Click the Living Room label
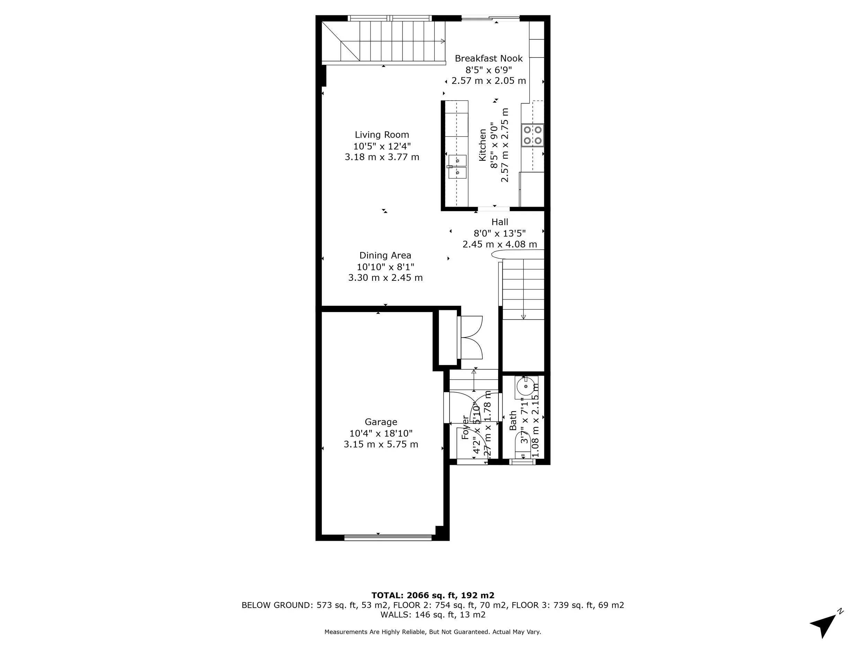point(382,135)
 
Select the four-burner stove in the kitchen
point(532,135)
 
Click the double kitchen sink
point(457,166)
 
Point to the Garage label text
point(381,422)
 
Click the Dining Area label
point(385,255)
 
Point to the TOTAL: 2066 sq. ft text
point(433,596)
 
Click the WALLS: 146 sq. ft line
point(433,615)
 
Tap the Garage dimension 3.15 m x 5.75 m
point(381,445)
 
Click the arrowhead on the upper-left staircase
point(443,41)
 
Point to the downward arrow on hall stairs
point(523,317)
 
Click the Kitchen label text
point(483,145)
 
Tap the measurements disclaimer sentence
point(433,632)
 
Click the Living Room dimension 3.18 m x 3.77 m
point(382,157)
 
